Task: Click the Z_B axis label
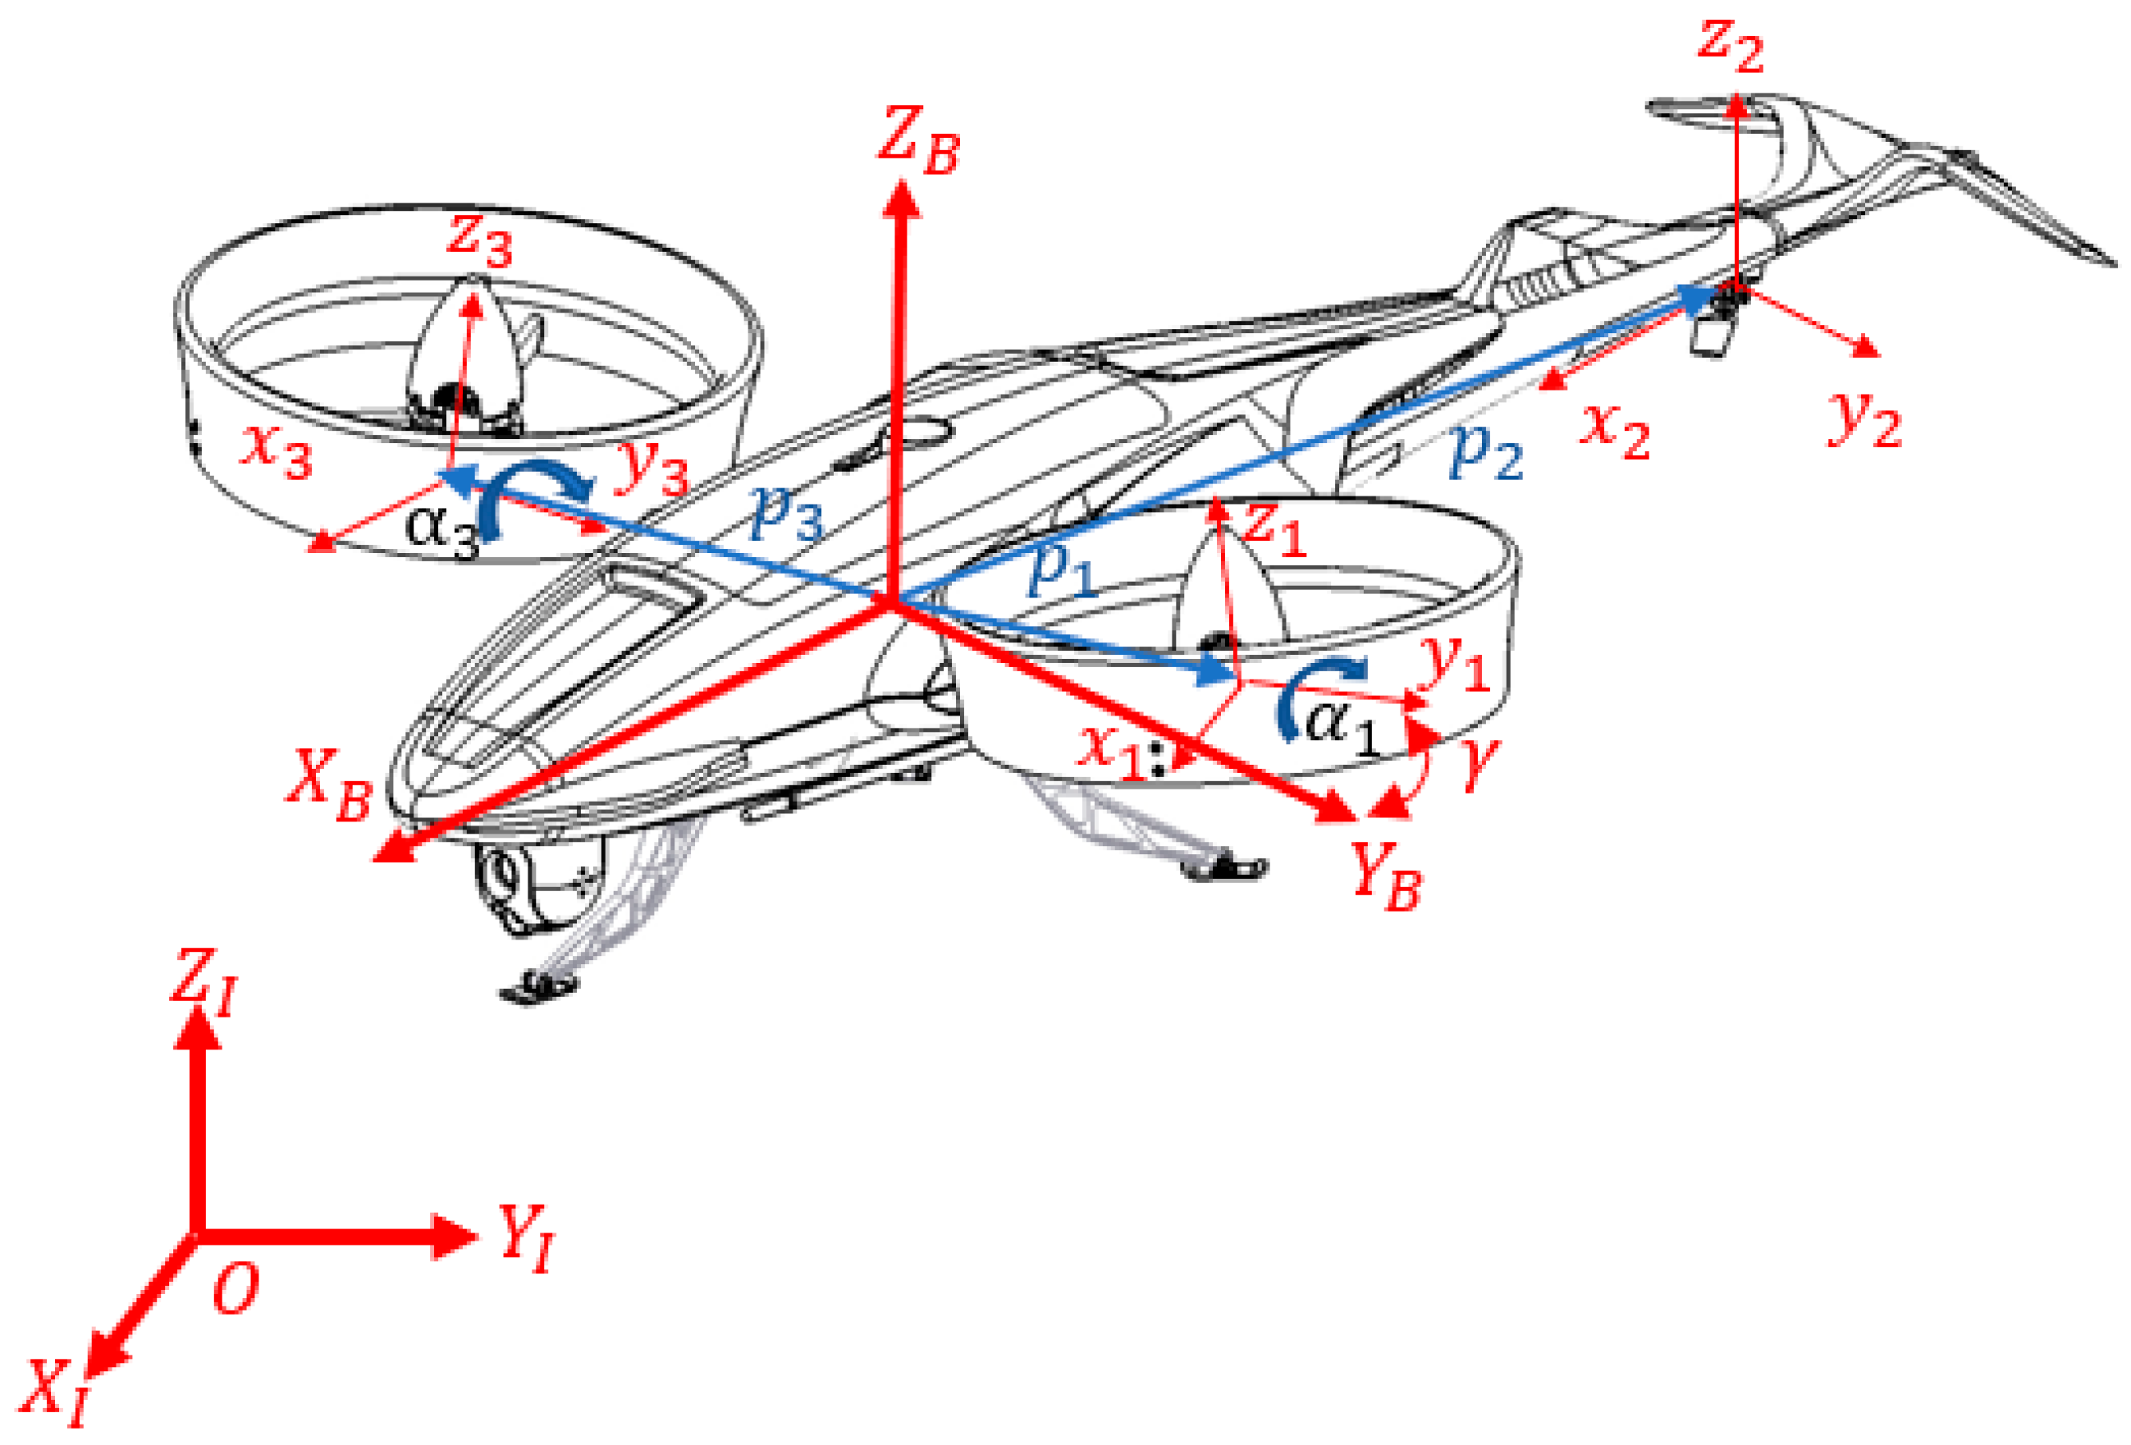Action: click(x=917, y=142)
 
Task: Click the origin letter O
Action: click(x=236, y=1288)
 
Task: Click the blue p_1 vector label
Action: click(x=1062, y=569)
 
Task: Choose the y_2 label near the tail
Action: click(x=1864, y=419)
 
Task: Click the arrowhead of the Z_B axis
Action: click(x=901, y=197)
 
